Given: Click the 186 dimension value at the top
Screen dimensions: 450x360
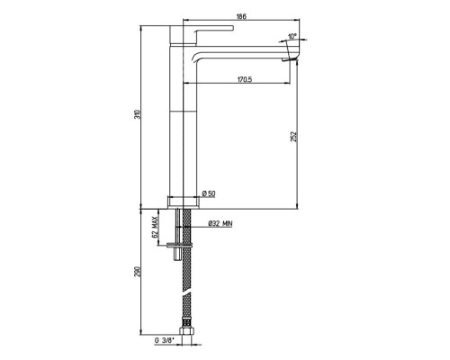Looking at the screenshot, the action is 241,16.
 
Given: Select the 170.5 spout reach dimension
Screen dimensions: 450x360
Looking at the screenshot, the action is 245,79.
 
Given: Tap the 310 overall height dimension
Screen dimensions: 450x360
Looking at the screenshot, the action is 137,114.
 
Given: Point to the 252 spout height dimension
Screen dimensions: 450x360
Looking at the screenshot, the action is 294,137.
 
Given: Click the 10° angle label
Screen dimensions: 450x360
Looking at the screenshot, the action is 292,36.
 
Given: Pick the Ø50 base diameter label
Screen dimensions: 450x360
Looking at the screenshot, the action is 209,193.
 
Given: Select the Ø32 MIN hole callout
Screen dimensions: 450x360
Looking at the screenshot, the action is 220,223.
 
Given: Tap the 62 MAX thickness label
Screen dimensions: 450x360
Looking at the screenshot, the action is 155,227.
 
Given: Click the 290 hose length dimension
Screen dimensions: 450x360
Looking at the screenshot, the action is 137,272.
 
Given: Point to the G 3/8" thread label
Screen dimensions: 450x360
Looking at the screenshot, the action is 165,340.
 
